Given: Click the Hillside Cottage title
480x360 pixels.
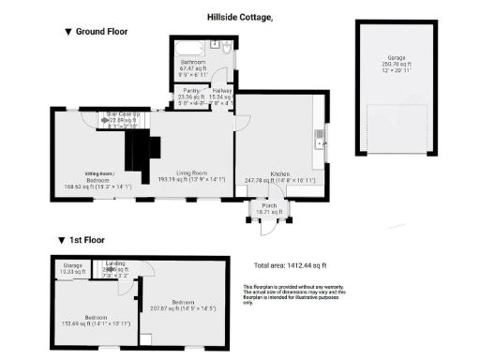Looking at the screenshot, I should [x=240, y=16].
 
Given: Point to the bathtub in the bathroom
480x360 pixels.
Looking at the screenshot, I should [x=187, y=45].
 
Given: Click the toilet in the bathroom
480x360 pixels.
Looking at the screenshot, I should [x=216, y=43].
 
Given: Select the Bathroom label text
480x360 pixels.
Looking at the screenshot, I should [x=194, y=62].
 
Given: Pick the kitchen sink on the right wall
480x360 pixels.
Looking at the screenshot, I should [x=321, y=142].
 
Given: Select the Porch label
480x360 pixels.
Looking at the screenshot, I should [x=269, y=207].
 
